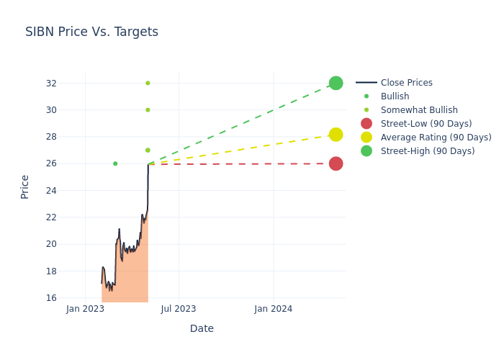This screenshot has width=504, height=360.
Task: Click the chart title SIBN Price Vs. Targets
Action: point(91,32)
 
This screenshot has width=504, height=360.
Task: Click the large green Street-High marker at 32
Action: point(336,83)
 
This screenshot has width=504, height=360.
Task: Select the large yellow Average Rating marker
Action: point(336,135)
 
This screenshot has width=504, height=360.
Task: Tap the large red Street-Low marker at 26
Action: point(336,163)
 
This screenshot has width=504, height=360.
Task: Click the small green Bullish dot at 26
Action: point(115,163)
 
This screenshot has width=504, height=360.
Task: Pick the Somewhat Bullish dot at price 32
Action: point(148,83)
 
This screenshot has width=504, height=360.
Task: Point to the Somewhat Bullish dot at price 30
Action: point(148,110)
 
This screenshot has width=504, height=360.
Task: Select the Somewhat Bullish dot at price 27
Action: point(148,150)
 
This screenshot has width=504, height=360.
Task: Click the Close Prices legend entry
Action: point(406,83)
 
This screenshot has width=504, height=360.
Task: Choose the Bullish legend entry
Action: point(395,96)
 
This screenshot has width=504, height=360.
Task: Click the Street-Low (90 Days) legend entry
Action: point(426,124)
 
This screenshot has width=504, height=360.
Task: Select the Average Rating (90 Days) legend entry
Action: point(436,138)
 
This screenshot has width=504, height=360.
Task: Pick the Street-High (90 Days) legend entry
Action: point(428,151)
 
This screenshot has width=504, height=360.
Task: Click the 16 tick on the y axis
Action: point(51,298)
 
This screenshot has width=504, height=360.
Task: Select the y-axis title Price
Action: point(25,186)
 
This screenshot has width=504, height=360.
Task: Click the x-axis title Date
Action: point(202,329)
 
